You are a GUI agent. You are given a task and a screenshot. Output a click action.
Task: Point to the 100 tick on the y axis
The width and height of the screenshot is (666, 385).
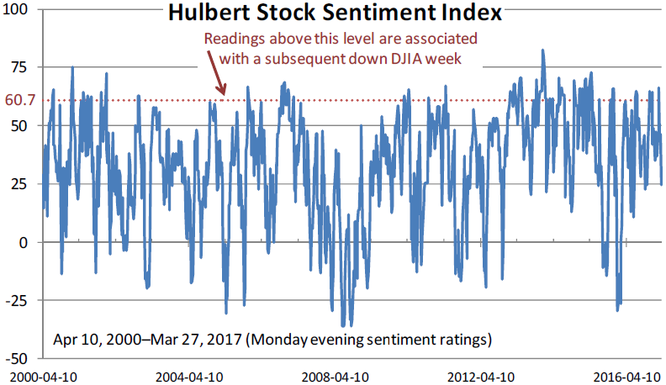pos(16,9)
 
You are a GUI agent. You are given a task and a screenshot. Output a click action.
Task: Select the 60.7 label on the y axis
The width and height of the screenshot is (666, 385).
pos(18,101)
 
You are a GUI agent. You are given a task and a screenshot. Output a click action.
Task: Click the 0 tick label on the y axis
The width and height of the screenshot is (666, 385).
pos(24,242)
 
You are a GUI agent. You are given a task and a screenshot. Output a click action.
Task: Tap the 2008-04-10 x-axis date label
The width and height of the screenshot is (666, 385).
pos(335,376)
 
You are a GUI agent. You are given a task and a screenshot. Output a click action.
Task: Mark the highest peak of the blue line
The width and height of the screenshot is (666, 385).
pos(543,50)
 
